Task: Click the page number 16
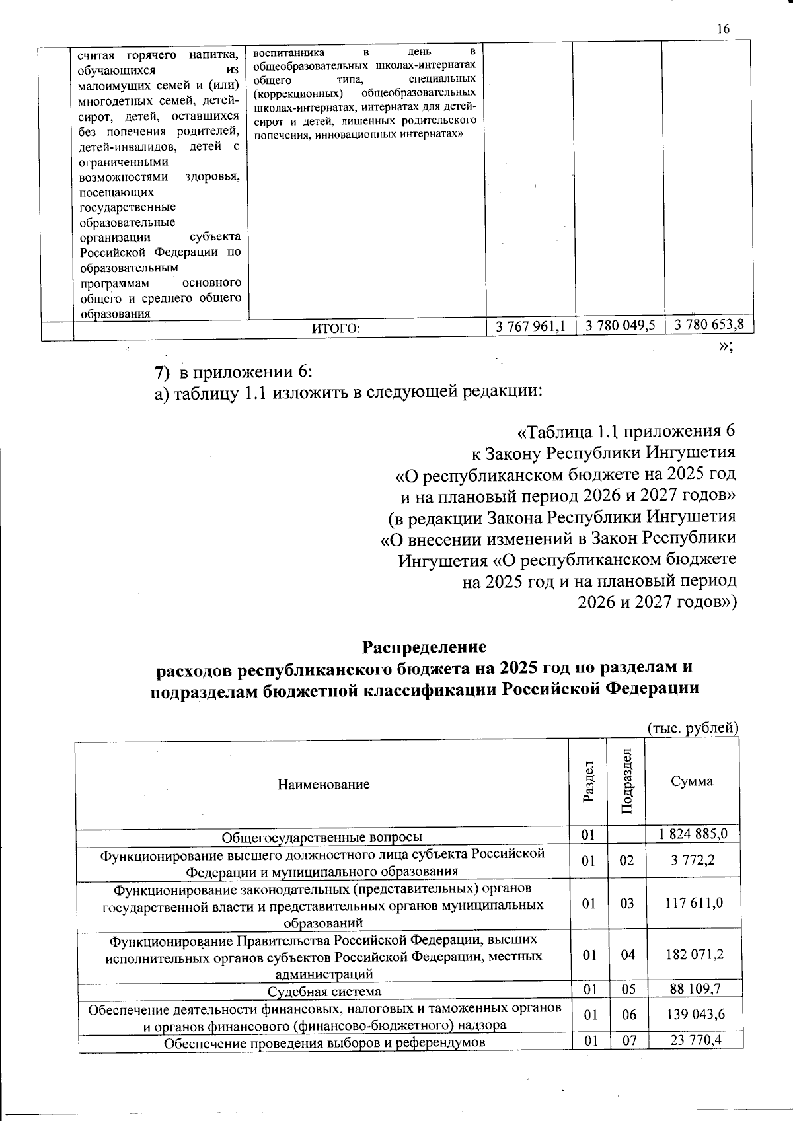tap(722, 28)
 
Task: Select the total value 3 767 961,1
tap(531, 324)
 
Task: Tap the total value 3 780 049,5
tap(620, 324)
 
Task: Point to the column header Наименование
tap(323, 785)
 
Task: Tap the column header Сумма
tap(692, 781)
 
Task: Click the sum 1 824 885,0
tap(693, 834)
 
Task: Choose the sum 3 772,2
tap(693, 861)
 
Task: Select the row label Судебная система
tap(324, 992)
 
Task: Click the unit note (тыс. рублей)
tap(691, 728)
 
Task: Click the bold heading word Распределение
tap(424, 646)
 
